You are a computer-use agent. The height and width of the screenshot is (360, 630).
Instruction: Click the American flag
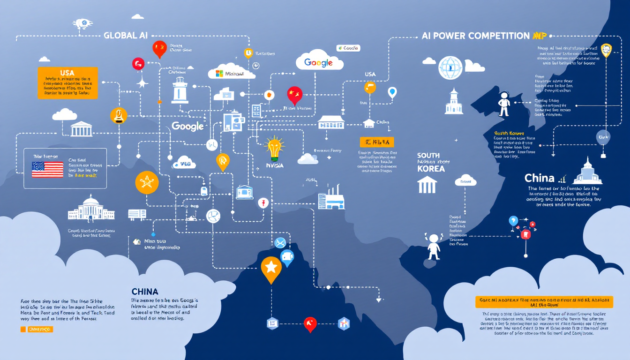tap(47, 169)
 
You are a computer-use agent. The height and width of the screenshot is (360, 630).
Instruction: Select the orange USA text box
tap(67, 82)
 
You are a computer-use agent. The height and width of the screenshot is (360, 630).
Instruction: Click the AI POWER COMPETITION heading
tap(475, 36)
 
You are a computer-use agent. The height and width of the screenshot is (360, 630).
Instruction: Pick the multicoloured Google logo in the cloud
tap(319, 62)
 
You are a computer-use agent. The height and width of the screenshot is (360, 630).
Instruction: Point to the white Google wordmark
tap(187, 126)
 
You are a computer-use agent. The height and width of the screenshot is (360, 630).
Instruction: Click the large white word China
tap(540, 178)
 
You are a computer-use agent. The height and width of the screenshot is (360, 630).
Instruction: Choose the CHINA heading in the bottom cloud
tap(145, 292)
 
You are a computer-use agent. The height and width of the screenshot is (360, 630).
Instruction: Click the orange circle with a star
tap(147, 182)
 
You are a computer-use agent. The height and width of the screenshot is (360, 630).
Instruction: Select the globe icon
tap(450, 67)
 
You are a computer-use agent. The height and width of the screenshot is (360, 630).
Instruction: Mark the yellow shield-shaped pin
tap(606, 50)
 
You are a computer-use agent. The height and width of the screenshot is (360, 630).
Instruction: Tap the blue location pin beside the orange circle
tap(392, 92)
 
